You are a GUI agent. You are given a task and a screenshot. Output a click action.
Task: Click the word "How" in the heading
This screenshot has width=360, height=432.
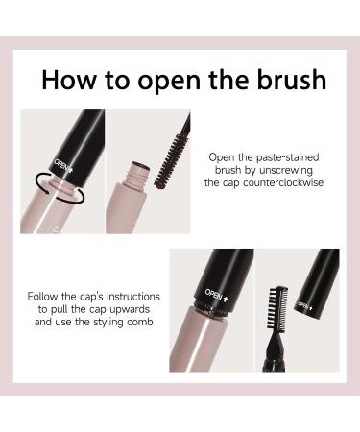click(x=68, y=79)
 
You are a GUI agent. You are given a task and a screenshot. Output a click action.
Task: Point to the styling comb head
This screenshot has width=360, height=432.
click(x=277, y=307)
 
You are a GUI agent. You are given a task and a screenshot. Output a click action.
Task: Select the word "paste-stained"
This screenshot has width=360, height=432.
click(x=288, y=157)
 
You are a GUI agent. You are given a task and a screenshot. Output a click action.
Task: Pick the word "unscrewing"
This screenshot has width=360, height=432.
click(x=286, y=170)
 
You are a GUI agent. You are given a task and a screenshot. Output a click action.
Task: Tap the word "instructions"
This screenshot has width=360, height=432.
click(x=133, y=297)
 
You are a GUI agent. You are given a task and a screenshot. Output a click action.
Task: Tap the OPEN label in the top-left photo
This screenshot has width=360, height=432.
click(x=63, y=165)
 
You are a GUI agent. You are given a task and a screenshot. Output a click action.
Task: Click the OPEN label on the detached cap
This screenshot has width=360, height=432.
click(x=305, y=306)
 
